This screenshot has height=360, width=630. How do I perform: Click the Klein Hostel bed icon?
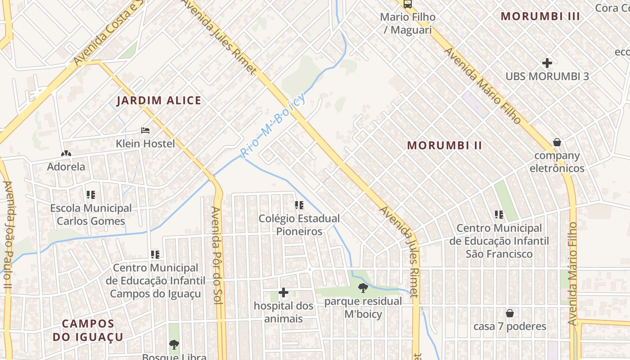pos(145,130)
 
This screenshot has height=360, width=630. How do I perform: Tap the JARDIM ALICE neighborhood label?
pos(159,100)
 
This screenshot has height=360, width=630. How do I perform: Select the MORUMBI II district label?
pos(445,145)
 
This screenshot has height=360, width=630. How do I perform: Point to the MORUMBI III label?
pos(540,16)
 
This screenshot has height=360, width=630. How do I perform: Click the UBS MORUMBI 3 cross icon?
pos(547,63)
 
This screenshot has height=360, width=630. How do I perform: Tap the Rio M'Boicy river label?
pos(273,125)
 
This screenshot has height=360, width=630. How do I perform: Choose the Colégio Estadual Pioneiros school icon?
pos(299,205)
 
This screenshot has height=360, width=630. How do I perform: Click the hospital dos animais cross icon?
pos(283,292)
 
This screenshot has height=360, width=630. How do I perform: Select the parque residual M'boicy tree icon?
pos(363,288)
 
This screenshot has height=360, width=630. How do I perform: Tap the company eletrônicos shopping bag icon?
pos(557,142)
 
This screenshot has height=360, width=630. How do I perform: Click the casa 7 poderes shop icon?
pos(510,313)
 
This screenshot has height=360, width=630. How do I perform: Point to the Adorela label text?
pos(66,166)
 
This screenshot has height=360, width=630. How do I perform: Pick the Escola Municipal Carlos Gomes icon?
pos(91,195)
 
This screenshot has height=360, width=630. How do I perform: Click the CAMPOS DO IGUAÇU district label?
pos(88,330)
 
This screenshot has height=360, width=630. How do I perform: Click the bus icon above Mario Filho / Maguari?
pos(408,4)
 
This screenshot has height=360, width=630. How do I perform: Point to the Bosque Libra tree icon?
pos(174,345)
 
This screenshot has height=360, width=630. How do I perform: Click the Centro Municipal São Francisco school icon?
pos(499,215)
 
